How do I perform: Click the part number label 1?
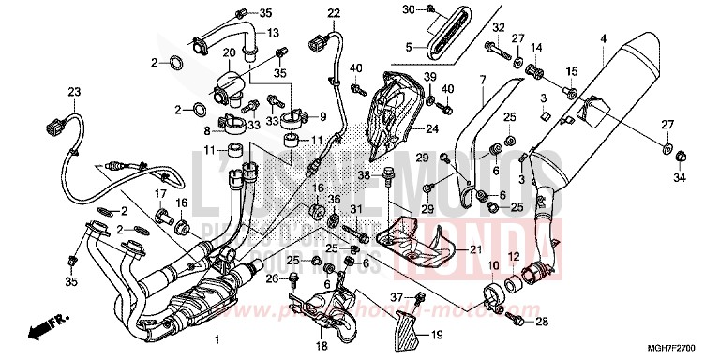point(217,337)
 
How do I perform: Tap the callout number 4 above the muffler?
point(604,38)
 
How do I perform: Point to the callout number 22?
point(307,12)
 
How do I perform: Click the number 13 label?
point(274,33)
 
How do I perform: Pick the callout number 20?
point(228,52)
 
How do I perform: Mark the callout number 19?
point(437,335)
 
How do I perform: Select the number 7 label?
point(482,80)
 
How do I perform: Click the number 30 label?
point(408,9)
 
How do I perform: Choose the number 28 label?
point(543,322)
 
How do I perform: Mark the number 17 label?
point(160,194)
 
